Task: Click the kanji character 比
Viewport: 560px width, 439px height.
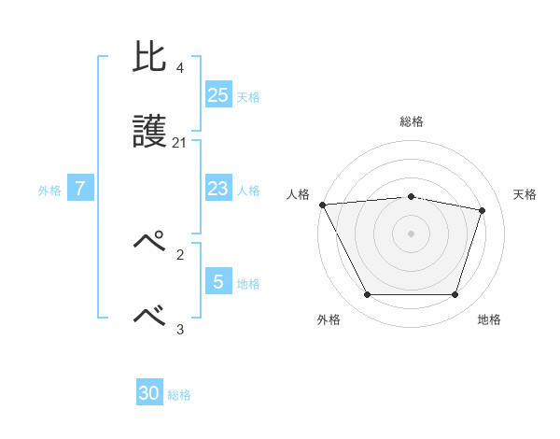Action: pyautogui.click(x=150, y=58)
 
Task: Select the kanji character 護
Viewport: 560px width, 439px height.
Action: pyautogui.click(x=150, y=131)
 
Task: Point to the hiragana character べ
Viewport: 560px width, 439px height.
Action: pyautogui.click(x=150, y=316)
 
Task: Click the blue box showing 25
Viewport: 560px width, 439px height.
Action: pyautogui.click(x=218, y=94)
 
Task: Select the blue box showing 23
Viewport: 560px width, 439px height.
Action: pyautogui.click(x=218, y=189)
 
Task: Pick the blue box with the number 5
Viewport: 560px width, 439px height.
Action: pyautogui.click(x=218, y=280)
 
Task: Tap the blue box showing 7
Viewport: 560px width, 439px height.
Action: pyautogui.click(x=80, y=189)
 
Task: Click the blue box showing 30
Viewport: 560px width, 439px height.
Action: pyautogui.click(x=149, y=393)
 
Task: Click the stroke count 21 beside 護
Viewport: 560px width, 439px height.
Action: pyautogui.click(x=180, y=143)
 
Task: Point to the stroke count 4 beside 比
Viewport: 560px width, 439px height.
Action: pyautogui.click(x=179, y=69)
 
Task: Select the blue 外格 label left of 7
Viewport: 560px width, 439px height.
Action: pyautogui.click(x=49, y=190)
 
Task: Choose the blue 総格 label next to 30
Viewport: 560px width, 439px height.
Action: pyautogui.click(x=179, y=395)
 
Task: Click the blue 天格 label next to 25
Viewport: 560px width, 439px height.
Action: pyautogui.click(x=248, y=96)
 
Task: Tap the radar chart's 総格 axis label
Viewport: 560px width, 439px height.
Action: pyautogui.click(x=412, y=121)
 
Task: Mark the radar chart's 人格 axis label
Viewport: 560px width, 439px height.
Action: pyautogui.click(x=298, y=194)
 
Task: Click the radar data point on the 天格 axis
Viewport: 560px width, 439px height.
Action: pyautogui.click(x=483, y=210)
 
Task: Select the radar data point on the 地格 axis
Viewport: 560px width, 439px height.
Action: pyautogui.click(x=455, y=295)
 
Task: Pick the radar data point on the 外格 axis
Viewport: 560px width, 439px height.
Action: pyautogui.click(x=367, y=295)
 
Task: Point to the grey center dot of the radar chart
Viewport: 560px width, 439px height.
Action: pyautogui.click(x=412, y=234)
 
